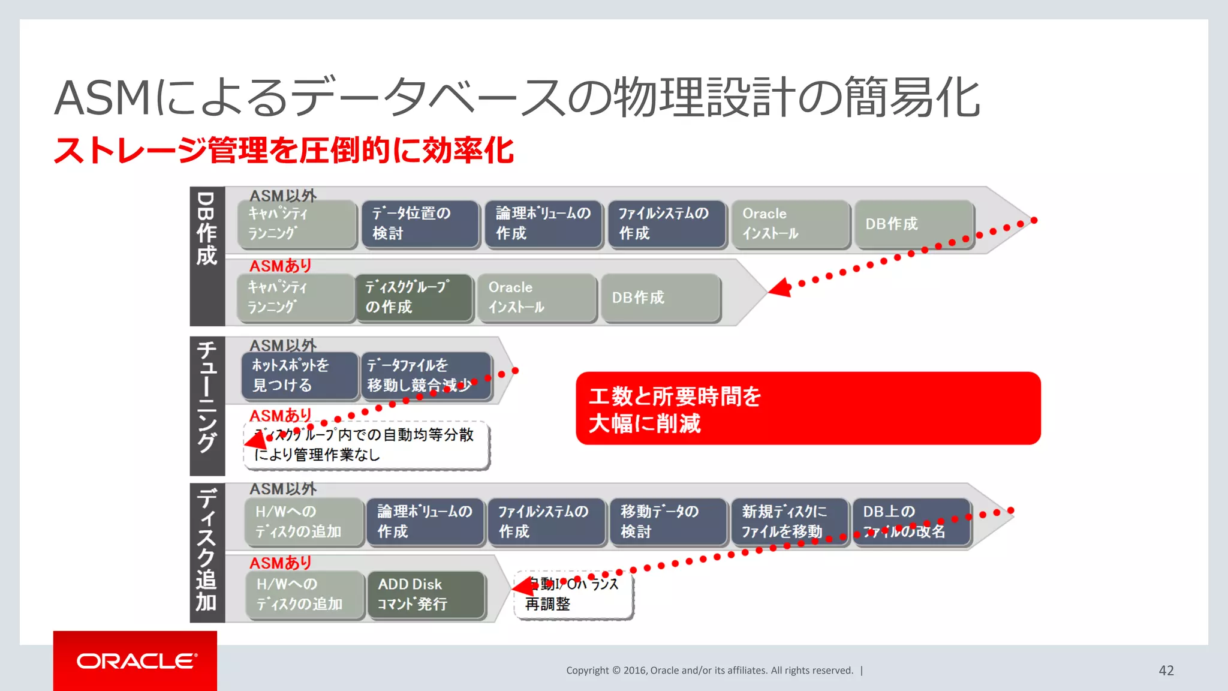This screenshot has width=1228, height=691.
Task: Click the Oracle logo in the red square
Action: coord(136,661)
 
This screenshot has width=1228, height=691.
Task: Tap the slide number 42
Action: coord(1166,671)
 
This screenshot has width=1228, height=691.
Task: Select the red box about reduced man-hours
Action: coord(807,408)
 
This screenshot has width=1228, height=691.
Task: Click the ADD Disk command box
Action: coord(426,594)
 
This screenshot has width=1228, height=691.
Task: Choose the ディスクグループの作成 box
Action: coord(414,298)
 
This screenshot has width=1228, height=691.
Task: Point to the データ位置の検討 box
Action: coord(420,224)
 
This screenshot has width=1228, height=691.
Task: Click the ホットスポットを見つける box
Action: coord(300,375)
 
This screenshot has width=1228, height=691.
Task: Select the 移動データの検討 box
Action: coord(668,521)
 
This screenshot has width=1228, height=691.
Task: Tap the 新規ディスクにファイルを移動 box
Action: coord(789,521)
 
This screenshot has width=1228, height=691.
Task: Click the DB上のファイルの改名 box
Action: coord(911,521)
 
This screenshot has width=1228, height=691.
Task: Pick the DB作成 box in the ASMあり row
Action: coord(660,298)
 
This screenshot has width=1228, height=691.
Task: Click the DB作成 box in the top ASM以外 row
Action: coord(913,224)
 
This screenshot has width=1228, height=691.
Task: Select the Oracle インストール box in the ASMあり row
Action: coord(537,298)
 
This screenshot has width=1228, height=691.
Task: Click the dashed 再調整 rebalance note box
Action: coord(573,594)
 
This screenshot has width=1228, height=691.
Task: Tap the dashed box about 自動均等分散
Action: coord(366,445)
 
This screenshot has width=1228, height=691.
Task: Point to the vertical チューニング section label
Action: coord(207,398)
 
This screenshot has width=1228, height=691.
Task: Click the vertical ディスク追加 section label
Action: coord(207,550)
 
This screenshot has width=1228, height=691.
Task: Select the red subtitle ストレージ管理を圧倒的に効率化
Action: coord(284,150)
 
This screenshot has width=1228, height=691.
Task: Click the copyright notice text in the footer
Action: coord(709,671)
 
